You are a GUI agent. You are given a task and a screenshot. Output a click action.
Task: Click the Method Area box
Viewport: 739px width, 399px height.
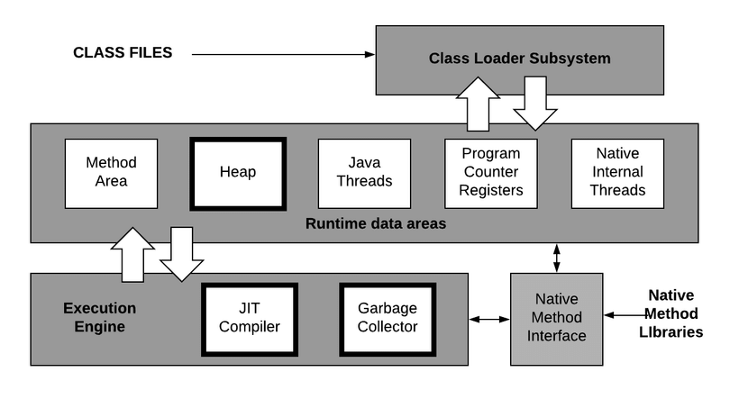pos(111,172)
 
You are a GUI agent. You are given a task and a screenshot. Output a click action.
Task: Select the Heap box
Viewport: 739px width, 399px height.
pos(238,173)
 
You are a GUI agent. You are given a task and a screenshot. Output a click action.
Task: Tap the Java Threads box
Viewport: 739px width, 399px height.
pos(364,173)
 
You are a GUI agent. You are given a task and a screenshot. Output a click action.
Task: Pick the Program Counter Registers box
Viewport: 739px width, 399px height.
pos(491,173)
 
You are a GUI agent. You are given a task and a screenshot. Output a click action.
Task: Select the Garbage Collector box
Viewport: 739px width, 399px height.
pos(388,319)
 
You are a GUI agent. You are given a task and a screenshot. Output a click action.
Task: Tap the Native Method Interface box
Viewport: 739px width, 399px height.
pos(557,319)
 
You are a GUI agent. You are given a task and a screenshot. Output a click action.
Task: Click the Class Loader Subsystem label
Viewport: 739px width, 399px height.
pos(519,59)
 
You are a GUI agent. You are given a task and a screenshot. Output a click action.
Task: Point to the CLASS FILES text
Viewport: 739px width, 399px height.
pos(122,53)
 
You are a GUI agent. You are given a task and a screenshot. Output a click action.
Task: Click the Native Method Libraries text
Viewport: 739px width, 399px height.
pos(675,313)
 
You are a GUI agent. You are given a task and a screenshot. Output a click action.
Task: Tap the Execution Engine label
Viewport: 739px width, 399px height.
pos(99,317)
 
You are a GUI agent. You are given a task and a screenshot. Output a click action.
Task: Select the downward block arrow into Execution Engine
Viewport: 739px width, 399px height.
pos(182,254)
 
